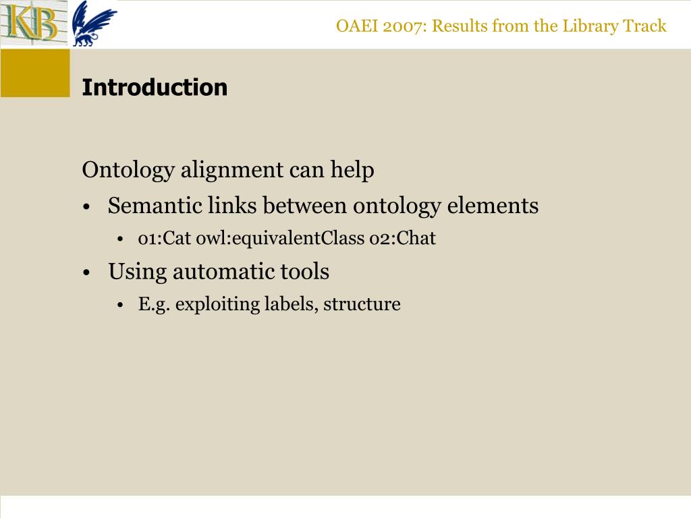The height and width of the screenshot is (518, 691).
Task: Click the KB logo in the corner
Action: (32, 23)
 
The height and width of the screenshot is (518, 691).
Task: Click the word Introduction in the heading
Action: (155, 88)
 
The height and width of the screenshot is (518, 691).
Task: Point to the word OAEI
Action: (354, 26)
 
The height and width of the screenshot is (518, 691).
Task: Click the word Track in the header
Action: (645, 26)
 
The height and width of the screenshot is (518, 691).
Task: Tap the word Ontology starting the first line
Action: (128, 171)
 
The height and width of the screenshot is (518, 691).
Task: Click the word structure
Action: (362, 304)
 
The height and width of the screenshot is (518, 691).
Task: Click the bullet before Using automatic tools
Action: (88, 273)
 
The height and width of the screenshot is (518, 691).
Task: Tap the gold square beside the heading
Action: (35, 73)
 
